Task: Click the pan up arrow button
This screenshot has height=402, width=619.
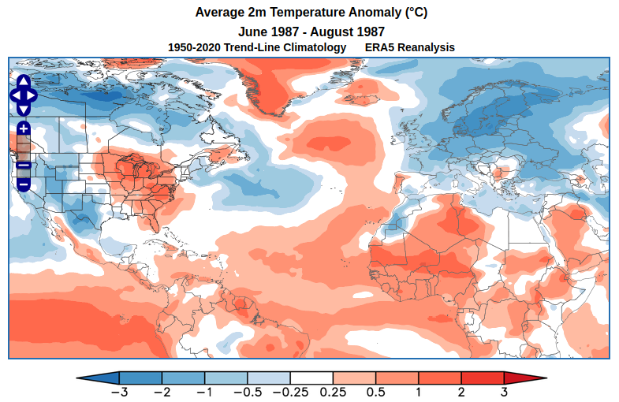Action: tap(24, 82)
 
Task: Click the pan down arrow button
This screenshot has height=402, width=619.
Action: tap(24, 108)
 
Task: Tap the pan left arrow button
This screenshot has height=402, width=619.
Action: tap(15, 95)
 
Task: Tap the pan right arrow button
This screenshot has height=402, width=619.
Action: tap(32, 95)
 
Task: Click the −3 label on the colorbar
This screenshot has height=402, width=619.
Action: tap(119, 392)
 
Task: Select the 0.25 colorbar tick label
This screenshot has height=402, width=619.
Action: tap(333, 392)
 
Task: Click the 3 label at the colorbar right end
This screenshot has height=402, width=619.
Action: tap(504, 392)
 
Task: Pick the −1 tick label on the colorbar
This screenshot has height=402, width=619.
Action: tap(205, 392)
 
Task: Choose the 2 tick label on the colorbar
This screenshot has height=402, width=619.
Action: tap(461, 392)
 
